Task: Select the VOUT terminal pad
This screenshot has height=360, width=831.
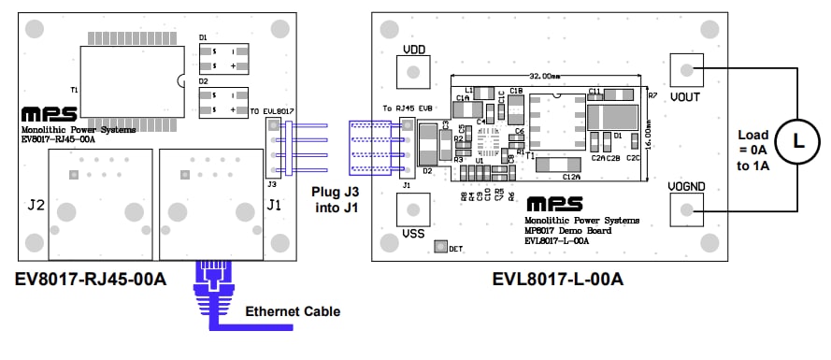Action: pyautogui.click(x=687, y=70)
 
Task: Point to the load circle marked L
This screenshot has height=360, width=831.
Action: pyautogui.click(x=797, y=141)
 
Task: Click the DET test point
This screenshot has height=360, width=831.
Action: pyautogui.click(x=442, y=248)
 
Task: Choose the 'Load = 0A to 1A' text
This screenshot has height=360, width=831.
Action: pyautogui.click(x=752, y=150)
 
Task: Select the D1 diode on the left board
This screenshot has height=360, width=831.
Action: pyautogui.click(x=222, y=58)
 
